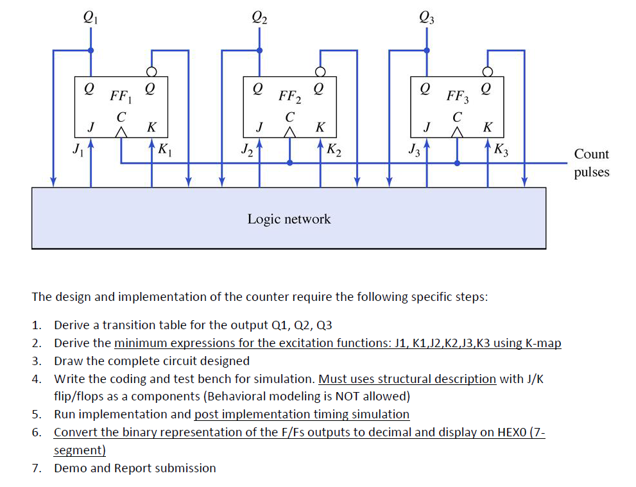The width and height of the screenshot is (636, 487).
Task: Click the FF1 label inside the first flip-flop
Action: click(119, 97)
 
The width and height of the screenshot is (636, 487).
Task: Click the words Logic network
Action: click(289, 219)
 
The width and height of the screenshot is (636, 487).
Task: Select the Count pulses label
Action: click(591, 163)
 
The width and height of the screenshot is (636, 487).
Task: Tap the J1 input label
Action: click(78, 151)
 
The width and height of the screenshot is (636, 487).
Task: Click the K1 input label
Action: click(164, 151)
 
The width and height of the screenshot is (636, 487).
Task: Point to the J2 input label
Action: click(246, 151)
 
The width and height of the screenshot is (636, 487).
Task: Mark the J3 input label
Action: click(415, 151)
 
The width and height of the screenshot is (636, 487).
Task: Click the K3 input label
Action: click(501, 151)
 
